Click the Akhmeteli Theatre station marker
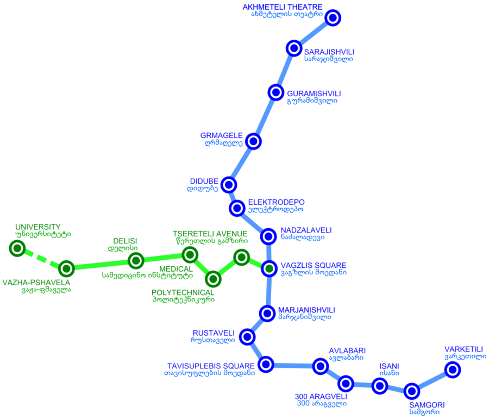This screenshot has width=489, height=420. [333, 18]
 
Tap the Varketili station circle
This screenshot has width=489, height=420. [453, 370]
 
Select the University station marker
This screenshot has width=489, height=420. [18, 249]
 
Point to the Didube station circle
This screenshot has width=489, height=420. [229, 184]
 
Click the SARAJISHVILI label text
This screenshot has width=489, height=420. [329, 52]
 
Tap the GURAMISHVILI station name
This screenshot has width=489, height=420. [314, 93]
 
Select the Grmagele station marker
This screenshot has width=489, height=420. [253, 141]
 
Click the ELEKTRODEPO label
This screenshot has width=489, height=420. [276, 202]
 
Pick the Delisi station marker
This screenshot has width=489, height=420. [136, 261]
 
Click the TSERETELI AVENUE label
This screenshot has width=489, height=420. [210, 234]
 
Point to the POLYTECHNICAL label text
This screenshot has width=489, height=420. [183, 292]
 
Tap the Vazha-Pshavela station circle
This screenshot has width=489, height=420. [66, 268]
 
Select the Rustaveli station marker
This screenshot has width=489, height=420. [247, 337]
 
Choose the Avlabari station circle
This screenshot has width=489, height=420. [321, 367]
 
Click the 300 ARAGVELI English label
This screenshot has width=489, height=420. [321, 396]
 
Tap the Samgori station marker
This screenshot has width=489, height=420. [412, 391]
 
